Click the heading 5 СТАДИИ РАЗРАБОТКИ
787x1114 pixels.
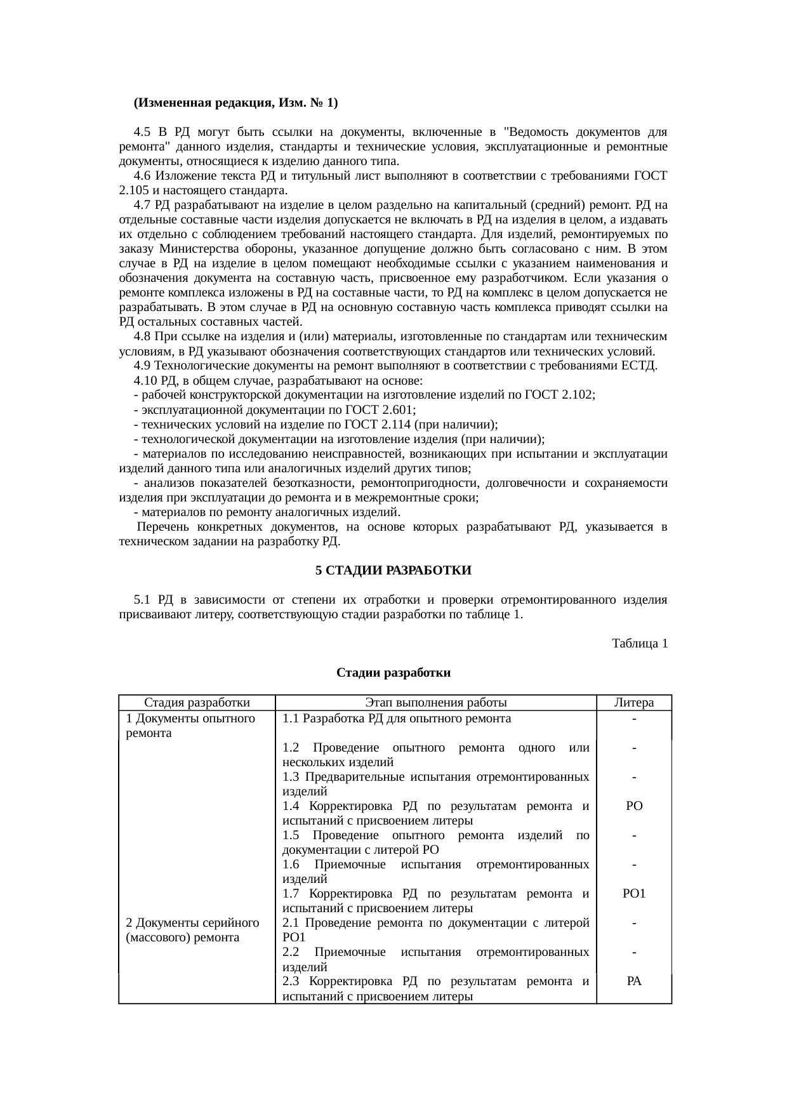click(x=393, y=570)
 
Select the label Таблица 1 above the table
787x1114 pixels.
click(x=639, y=644)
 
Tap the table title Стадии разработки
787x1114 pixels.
click(x=393, y=672)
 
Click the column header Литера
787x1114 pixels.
click(x=633, y=702)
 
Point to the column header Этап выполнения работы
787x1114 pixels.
click(x=436, y=702)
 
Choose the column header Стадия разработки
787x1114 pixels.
click(x=197, y=702)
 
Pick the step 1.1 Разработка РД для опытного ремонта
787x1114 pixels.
click(x=397, y=719)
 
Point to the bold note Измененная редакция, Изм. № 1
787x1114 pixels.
click(x=235, y=103)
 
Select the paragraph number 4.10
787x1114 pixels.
click(x=145, y=380)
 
